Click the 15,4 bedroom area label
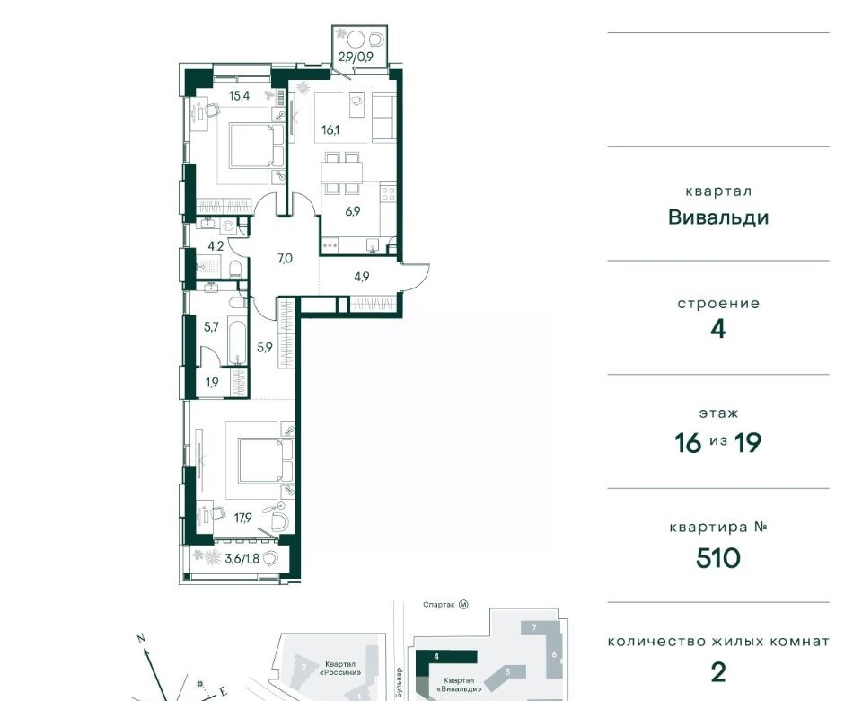click(x=239, y=96)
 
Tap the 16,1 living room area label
click(x=330, y=130)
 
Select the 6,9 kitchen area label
click(x=352, y=210)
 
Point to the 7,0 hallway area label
click(x=285, y=258)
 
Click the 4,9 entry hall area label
click(x=361, y=277)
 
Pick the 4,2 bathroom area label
click(x=215, y=246)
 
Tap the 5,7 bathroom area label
click(x=211, y=327)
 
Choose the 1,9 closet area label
click(x=212, y=382)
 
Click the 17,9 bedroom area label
click(x=242, y=518)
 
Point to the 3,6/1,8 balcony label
click(x=242, y=560)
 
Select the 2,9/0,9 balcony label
click(x=356, y=56)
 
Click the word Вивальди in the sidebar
click(x=718, y=217)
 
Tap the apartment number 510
click(x=718, y=558)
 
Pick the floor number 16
click(x=689, y=442)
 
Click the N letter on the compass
click(x=141, y=639)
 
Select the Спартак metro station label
click(x=439, y=605)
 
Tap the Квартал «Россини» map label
click(x=342, y=668)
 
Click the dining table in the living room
click(x=342, y=173)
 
